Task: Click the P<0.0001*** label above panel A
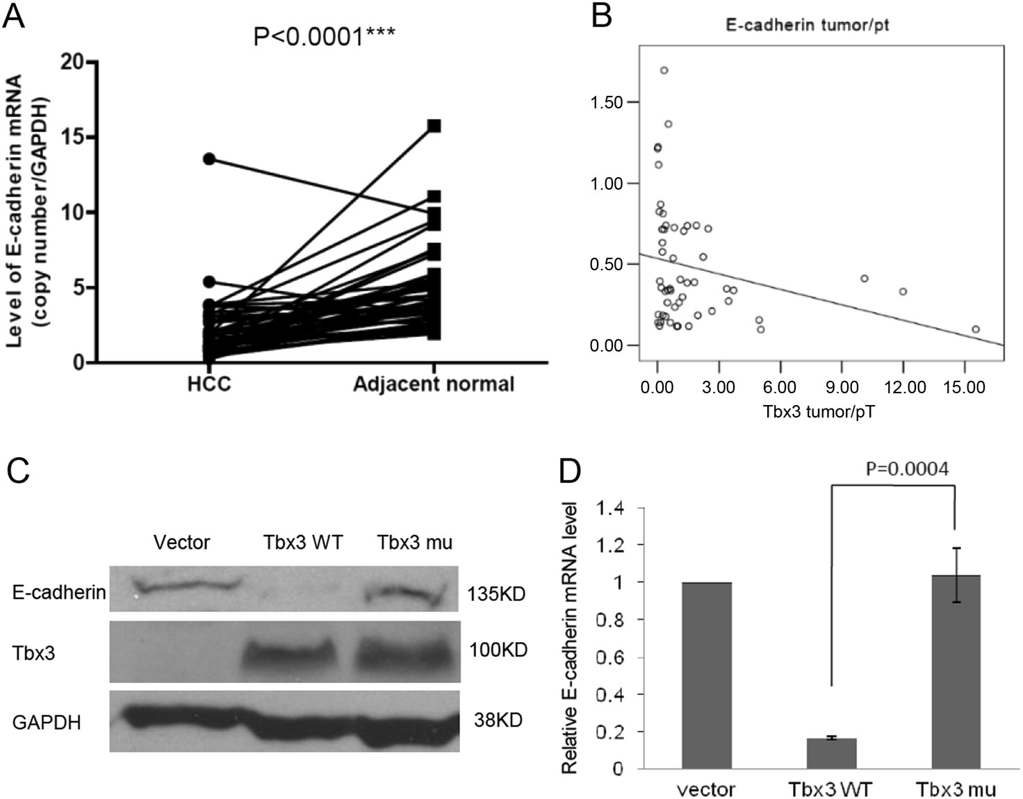point(324,35)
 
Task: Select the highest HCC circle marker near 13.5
point(209,159)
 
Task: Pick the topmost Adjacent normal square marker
point(434,126)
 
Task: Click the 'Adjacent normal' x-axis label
point(434,384)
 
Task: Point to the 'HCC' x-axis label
point(209,384)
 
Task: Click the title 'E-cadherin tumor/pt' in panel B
point(807,26)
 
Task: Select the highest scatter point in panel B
point(664,70)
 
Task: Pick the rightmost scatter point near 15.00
point(976,329)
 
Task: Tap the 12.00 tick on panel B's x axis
point(904,388)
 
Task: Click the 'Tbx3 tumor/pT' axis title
point(819,412)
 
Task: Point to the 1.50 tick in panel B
point(605,103)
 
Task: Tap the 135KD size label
point(496,594)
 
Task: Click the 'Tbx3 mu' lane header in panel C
point(414,542)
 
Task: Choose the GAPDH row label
point(47,723)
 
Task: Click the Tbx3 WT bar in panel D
point(831,753)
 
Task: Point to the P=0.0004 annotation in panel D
point(906,470)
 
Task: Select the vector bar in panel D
point(706,675)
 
